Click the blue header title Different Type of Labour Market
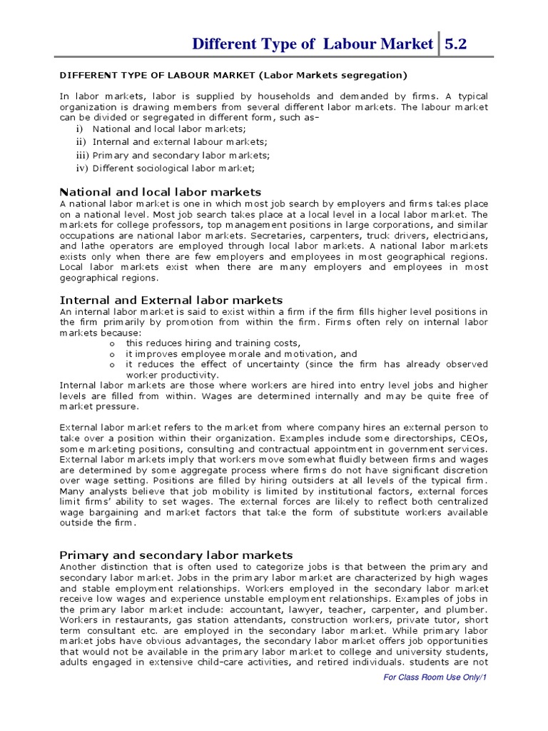(313, 44)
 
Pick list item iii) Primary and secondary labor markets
(181, 155)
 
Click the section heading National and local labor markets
(161, 192)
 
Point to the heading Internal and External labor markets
(171, 300)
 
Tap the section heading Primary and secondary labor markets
(176, 555)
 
